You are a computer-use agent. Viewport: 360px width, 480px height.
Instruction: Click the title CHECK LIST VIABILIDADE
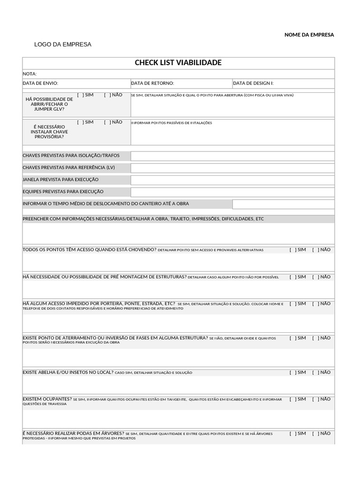178,63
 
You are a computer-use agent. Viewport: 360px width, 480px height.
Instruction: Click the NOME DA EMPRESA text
309,35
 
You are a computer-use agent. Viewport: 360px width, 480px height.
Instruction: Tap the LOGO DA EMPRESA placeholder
63,45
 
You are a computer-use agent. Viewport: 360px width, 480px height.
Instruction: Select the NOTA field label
30,74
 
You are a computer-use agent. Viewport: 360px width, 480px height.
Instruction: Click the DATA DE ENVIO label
40,83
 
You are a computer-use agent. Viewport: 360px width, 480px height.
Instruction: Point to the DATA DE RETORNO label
152,83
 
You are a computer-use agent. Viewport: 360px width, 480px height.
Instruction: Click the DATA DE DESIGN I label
253,83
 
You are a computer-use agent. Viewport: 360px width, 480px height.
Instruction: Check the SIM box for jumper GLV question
80,95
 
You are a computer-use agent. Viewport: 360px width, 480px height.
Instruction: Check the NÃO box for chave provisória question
107,122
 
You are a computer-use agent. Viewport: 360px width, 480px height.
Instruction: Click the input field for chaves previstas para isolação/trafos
232,156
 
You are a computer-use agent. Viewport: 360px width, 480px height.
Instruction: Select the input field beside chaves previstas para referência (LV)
232,168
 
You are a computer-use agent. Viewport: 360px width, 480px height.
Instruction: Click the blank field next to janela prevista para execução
232,180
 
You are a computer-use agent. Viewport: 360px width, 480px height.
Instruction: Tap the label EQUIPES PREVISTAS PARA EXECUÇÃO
63,192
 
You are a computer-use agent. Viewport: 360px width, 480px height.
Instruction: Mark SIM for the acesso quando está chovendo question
292,250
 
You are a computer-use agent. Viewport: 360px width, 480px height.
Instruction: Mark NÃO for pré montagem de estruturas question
315,277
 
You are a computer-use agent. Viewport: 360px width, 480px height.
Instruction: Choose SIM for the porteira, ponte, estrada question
292,304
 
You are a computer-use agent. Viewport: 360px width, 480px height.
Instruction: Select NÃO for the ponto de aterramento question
315,338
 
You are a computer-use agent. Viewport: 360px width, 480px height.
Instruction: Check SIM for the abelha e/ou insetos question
292,373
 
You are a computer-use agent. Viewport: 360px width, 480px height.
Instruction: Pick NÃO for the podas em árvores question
315,434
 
